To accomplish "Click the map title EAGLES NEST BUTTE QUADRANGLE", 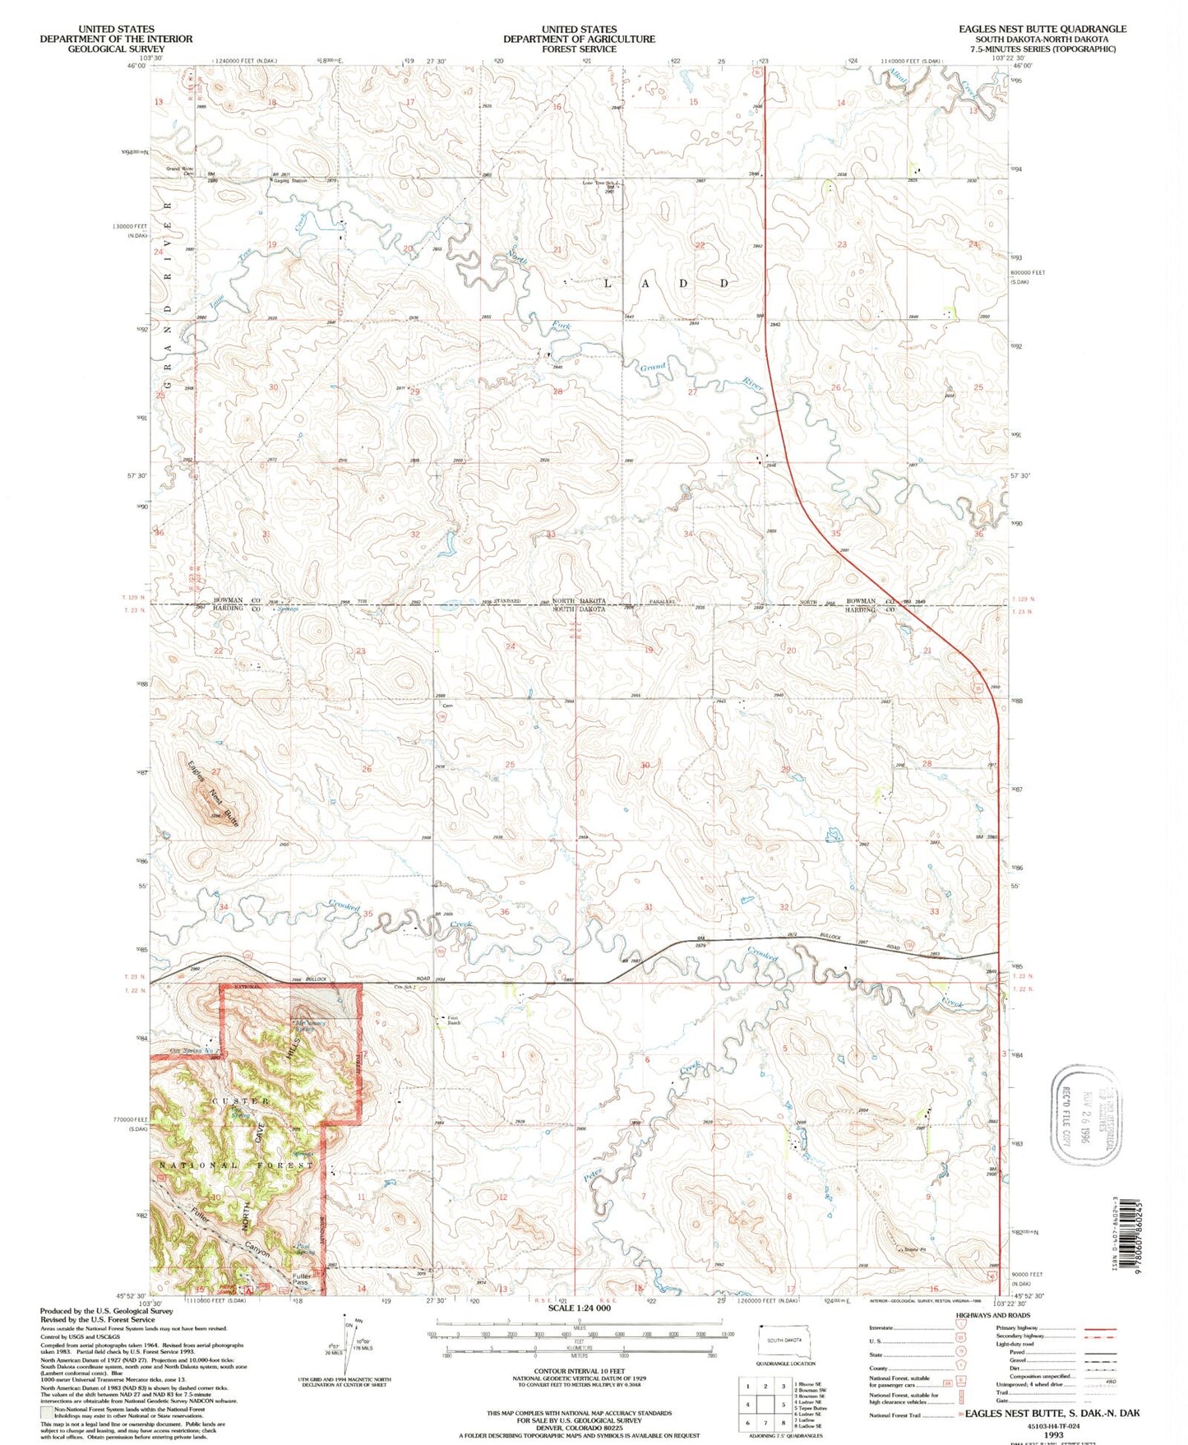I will pyautogui.click(x=1042, y=28).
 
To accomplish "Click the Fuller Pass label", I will pyautogui.click(x=302, y=1280).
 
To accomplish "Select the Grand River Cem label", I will pyautogui.click(x=178, y=171).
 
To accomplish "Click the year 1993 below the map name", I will pyautogui.click(x=1053, y=1434).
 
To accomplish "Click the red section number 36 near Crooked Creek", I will pyautogui.click(x=504, y=912).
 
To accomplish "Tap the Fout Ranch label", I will pyautogui.click(x=453, y=1021).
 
